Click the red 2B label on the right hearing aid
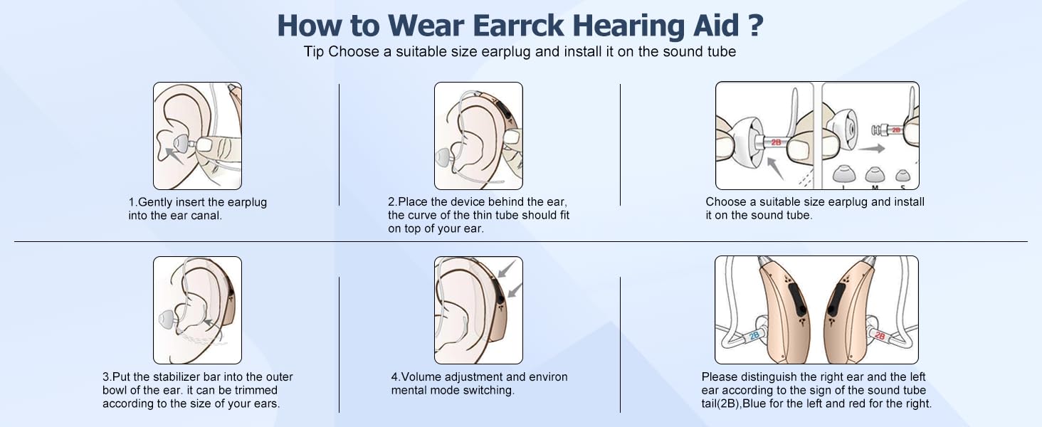tap(880, 334)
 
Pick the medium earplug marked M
tap(873, 174)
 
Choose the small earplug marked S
tap(902, 175)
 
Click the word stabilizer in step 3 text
tap(176, 377)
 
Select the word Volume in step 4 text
tap(421, 377)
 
